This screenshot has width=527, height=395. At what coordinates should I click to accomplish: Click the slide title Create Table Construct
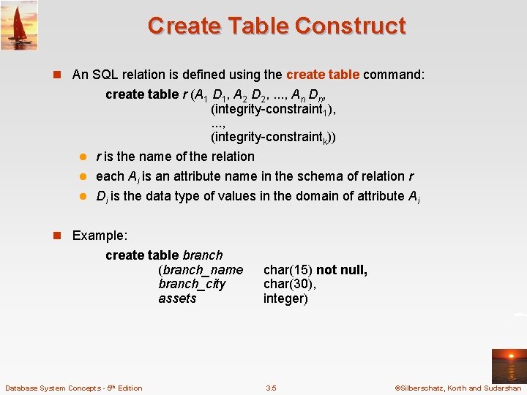(276, 26)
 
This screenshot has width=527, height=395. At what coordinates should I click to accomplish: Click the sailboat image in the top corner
(19, 25)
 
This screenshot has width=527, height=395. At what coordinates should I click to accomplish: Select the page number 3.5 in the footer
(271, 388)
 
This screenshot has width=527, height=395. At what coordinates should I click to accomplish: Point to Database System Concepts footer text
(73, 388)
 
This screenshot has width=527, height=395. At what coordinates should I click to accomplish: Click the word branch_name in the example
(201, 270)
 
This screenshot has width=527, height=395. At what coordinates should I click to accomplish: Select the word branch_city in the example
(192, 284)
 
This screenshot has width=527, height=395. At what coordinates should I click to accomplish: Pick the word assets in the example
(177, 298)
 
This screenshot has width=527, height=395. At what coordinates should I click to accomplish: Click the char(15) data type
(288, 270)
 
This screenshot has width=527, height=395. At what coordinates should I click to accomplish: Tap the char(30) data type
(289, 284)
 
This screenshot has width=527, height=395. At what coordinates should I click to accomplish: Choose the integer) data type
(285, 298)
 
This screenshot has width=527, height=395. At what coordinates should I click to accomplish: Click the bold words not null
(342, 270)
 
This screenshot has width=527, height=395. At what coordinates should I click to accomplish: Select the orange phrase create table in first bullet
(322, 75)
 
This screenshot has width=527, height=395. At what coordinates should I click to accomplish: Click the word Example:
(100, 236)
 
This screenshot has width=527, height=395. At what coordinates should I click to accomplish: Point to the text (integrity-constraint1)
(272, 109)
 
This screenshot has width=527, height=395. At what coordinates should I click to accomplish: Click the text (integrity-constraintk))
(273, 138)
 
